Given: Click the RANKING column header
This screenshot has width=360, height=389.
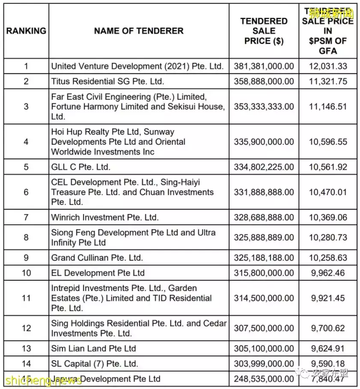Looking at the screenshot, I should tap(26, 31).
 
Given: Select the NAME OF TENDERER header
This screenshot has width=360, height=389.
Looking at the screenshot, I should tap(139, 31).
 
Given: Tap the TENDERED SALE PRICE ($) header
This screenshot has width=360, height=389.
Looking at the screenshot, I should tap(264, 31).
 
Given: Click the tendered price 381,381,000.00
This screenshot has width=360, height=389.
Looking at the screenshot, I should tap(264, 66).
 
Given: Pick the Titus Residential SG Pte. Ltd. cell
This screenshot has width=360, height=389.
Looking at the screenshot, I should tap(107, 81).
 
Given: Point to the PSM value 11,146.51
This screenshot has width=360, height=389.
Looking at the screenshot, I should tap(328, 107).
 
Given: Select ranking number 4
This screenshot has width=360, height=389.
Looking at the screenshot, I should tap(26, 142).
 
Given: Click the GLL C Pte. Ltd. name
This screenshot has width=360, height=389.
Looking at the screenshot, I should tap(81, 167).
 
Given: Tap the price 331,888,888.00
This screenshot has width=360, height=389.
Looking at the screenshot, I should tap(264, 192).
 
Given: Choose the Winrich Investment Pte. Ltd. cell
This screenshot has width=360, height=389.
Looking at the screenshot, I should tap(105, 217).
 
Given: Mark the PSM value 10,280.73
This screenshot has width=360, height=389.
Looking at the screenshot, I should tap(328, 238).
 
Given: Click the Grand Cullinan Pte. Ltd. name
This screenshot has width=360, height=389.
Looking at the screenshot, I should tap(97, 258).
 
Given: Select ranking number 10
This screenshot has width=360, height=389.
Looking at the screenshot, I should tap(26, 273).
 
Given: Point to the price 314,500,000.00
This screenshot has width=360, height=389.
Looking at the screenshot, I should tap(264, 298).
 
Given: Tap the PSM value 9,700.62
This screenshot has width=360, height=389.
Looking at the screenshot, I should tap(328, 328).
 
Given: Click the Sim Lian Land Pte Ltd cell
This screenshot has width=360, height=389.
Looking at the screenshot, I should tap(94, 349).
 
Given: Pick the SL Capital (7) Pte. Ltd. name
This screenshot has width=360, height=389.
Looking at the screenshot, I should tap(95, 364).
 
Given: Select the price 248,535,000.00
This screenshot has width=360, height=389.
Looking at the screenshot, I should tap(264, 379).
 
